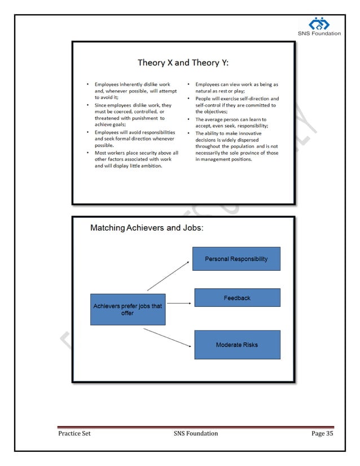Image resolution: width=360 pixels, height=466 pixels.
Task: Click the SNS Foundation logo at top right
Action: click(x=319, y=25)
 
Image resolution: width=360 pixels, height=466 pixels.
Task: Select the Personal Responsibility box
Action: click(x=236, y=259)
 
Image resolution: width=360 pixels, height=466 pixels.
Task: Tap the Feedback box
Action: click(x=237, y=297)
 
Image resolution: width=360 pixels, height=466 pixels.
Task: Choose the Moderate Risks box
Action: click(x=237, y=345)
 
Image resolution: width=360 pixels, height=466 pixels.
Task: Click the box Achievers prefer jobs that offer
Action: click(x=128, y=309)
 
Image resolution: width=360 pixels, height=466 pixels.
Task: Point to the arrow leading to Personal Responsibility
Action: click(x=168, y=276)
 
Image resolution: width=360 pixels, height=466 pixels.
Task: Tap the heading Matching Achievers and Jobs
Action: click(x=147, y=228)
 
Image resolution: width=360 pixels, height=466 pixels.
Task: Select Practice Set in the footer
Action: click(x=74, y=433)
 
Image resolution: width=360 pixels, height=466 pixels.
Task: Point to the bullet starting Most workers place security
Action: click(x=136, y=159)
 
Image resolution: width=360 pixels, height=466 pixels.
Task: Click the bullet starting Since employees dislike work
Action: click(x=133, y=112)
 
